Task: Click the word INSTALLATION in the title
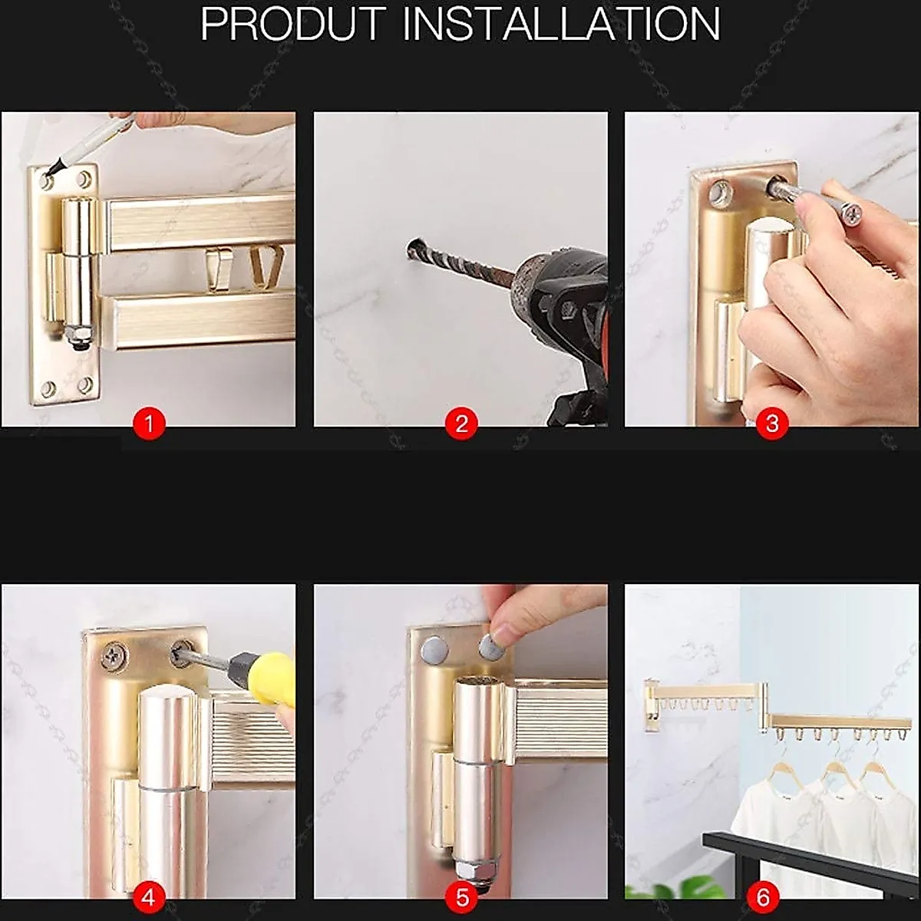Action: tap(561, 25)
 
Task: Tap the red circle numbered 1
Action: tap(149, 423)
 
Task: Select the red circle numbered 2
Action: tap(461, 423)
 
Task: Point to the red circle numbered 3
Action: tap(772, 423)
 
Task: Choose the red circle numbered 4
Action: tap(149, 896)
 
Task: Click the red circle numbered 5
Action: tap(461, 896)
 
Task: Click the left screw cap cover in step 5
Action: tap(435, 650)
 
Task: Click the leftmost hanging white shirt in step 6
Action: tap(775, 814)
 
